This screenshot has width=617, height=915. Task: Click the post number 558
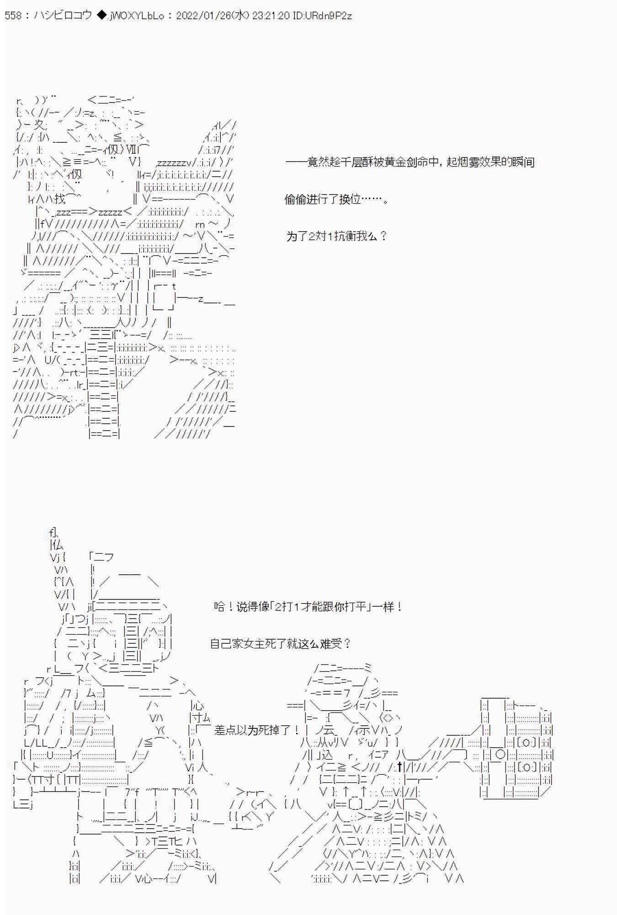(13, 16)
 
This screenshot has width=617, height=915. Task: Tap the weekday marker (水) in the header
(239, 16)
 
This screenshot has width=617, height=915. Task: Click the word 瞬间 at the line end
(524, 162)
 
